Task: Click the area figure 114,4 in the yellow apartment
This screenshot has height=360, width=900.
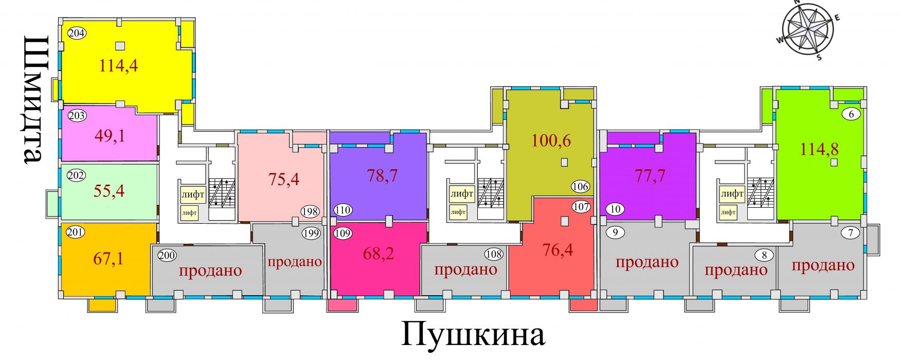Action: (119, 66)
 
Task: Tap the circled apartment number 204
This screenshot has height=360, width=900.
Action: (77, 34)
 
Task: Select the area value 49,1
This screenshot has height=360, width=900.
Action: (110, 136)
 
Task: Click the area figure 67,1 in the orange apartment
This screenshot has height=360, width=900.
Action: (109, 258)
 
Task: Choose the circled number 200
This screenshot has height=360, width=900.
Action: (167, 255)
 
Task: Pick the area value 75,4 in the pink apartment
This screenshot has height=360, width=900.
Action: (284, 179)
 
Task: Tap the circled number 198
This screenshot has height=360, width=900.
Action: (310, 211)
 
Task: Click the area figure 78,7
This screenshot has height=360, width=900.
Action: (382, 176)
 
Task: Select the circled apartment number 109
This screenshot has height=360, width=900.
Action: (343, 233)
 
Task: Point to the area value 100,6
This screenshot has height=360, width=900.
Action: (551, 140)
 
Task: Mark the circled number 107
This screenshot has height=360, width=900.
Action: (581, 207)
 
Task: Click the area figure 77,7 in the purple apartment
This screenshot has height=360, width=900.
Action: (650, 176)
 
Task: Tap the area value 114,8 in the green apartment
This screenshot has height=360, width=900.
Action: (819, 149)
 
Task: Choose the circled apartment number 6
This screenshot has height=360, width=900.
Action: (851, 114)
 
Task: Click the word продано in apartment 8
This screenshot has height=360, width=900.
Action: (736, 270)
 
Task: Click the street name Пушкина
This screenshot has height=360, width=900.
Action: (473, 335)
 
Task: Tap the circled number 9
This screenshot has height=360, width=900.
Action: (615, 232)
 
